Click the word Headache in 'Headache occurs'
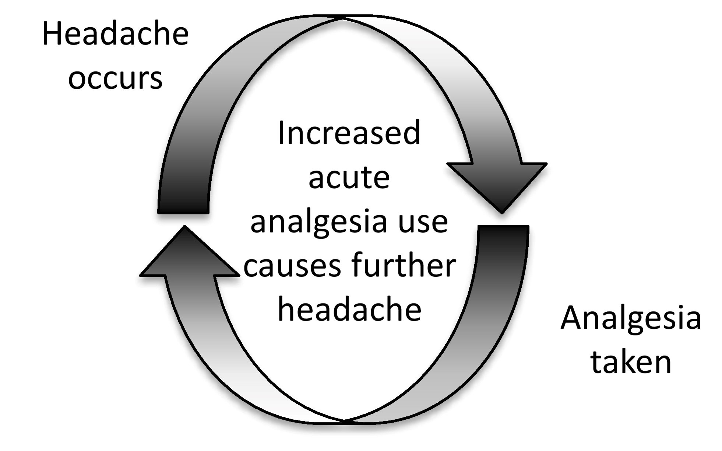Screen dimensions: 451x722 click(x=115, y=34)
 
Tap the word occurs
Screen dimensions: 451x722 click(x=115, y=79)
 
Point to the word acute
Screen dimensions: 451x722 click(x=349, y=178)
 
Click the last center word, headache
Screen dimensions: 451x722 click(x=349, y=310)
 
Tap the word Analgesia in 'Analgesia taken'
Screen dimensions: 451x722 click(x=631, y=318)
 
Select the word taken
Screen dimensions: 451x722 click(x=631, y=362)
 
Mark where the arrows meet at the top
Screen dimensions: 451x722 click(x=342, y=18)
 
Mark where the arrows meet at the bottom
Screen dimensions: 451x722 click(x=344, y=420)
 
